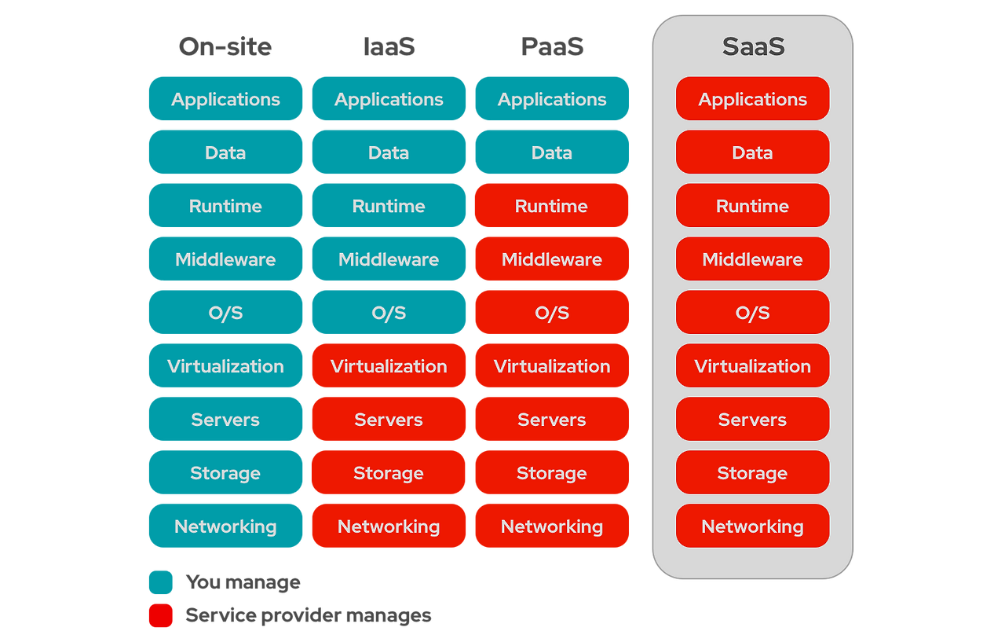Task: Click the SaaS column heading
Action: (x=752, y=47)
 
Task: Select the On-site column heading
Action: (x=225, y=47)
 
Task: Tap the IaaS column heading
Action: (x=389, y=47)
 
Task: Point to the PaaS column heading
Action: (x=552, y=47)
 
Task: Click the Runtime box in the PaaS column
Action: (x=552, y=206)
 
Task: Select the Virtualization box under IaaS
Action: (x=389, y=366)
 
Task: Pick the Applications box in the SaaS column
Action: (x=752, y=99)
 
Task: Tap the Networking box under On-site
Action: (x=225, y=526)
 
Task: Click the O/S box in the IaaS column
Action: (x=389, y=313)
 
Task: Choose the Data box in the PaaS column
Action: (x=552, y=152)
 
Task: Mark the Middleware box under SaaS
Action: (x=752, y=259)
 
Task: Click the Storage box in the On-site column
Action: (x=225, y=473)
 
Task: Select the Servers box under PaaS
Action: (x=552, y=420)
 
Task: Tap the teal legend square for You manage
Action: (x=160, y=583)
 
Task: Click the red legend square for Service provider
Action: (x=160, y=616)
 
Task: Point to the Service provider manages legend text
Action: (x=308, y=615)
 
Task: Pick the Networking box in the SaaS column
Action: (x=752, y=526)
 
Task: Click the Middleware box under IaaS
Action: (x=389, y=259)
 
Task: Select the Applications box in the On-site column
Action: (x=225, y=99)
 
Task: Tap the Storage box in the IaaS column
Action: (x=389, y=473)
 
